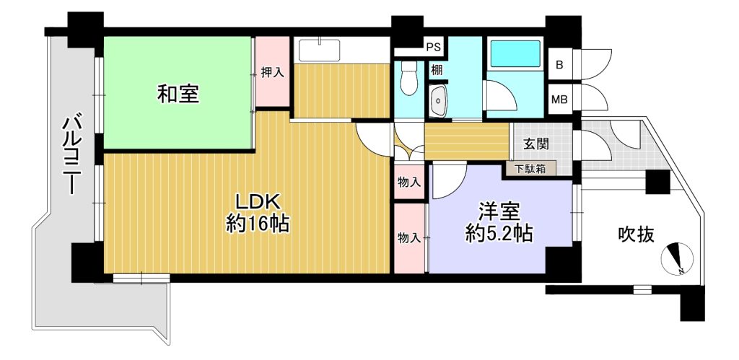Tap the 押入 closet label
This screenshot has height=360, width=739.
pos(273,73)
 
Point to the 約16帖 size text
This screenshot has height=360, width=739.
pos(258,224)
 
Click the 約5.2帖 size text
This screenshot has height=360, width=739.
pos(499,233)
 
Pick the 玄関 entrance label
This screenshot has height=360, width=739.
pos(537,144)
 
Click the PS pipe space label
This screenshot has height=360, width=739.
pos(434,47)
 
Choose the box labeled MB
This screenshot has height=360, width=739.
pos(560,100)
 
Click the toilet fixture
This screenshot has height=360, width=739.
pos(408,78)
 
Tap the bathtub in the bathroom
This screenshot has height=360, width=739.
pos(515,53)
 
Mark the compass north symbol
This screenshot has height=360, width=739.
pos(677,259)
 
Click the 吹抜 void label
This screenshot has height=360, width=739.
pos(637,234)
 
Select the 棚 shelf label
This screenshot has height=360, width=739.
pos(437,70)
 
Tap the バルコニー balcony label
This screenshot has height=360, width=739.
pos(71,156)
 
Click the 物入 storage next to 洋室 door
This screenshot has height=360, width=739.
pos(409,182)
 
